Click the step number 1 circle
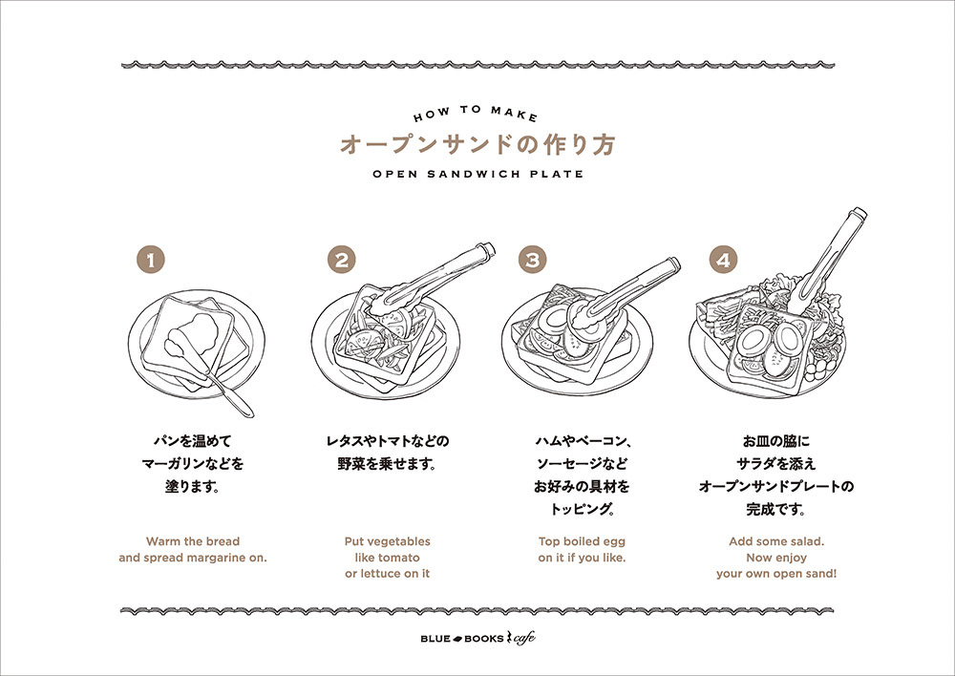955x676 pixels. (151, 260)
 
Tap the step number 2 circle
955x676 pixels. (341, 260)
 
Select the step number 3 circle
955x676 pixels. (533, 260)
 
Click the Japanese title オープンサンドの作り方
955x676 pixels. (477, 145)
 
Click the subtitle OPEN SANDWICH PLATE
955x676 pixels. (477, 175)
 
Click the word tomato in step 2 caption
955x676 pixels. (398, 557)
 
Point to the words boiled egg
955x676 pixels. (597, 541)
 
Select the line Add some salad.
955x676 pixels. (776, 541)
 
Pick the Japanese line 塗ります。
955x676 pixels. (193, 486)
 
